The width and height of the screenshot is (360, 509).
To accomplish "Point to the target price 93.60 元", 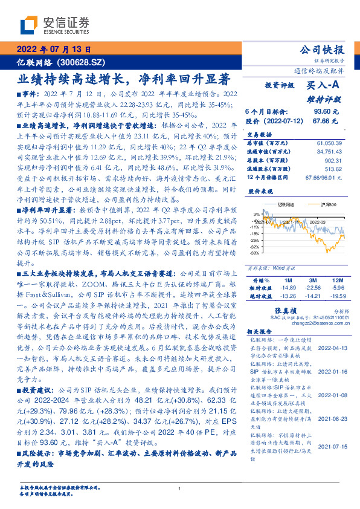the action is (x=330, y=112).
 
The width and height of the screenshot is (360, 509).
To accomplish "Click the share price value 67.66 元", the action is (x=330, y=121).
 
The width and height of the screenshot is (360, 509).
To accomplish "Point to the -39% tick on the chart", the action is (x=256, y=254).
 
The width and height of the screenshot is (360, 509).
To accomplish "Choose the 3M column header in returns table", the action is (x=313, y=280).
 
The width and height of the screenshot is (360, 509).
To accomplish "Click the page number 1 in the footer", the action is (x=179, y=488).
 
